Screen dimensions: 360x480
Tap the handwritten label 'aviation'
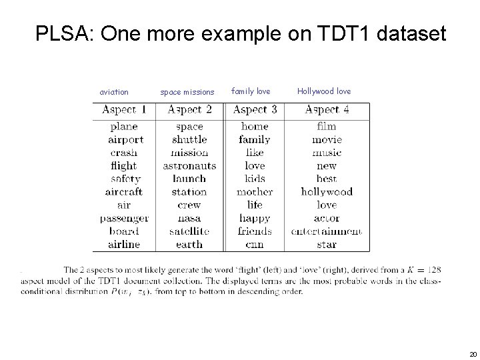pos(114,92)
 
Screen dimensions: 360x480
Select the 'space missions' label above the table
pos(187,92)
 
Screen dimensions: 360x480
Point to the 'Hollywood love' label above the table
pos(324,91)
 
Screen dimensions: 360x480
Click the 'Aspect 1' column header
pos(123,109)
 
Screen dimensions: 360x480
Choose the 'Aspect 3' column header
pos(254,109)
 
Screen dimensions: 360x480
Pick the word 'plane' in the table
pos(123,127)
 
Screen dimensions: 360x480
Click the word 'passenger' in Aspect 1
pos(124,218)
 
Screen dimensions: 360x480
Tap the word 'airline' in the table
pos(124,244)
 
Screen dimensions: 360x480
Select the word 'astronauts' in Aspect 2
pos(189,165)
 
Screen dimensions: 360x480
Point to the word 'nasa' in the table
pos(189,218)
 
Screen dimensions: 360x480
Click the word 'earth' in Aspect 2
pos(189,244)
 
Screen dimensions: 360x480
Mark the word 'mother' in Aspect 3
pos(255,192)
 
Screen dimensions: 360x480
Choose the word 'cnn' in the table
pos(255,244)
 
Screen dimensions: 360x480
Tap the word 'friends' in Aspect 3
pos(255,231)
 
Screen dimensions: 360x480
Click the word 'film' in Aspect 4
pos(327,127)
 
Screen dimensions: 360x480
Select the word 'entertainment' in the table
pos(327,231)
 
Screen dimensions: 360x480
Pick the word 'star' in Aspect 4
pos(327,244)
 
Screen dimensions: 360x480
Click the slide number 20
pos(473,354)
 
